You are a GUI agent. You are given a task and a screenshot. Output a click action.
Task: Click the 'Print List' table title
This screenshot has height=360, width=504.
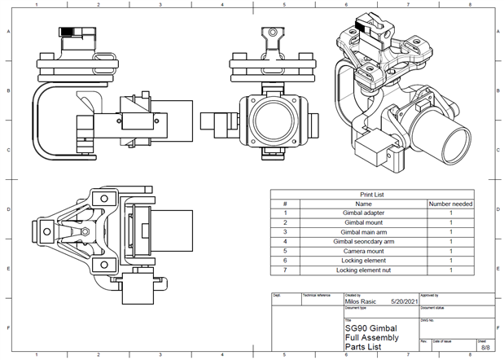click(371, 195)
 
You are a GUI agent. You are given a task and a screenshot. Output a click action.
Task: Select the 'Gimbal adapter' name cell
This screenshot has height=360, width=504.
click(363, 213)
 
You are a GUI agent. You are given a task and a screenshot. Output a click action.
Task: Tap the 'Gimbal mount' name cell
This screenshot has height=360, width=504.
click(363, 222)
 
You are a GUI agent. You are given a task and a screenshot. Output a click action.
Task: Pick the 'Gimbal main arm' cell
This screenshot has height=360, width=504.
click(363, 232)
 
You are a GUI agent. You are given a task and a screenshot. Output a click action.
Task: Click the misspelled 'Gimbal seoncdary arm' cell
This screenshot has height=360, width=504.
click(363, 241)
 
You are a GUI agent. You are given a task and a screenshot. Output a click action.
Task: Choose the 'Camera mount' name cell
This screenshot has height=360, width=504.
click(363, 251)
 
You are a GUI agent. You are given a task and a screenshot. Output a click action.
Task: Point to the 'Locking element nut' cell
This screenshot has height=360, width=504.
click(363, 270)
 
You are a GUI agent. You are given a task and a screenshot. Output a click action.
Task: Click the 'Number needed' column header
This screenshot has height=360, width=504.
click(450, 204)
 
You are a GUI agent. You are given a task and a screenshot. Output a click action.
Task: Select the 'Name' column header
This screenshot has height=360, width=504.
click(363, 204)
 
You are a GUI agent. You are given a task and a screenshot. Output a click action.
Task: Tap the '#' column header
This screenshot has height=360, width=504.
click(285, 204)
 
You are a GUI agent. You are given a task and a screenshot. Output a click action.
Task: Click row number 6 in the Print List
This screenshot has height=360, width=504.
click(285, 260)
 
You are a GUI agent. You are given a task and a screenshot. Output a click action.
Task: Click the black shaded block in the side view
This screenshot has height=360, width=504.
click(72, 32)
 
